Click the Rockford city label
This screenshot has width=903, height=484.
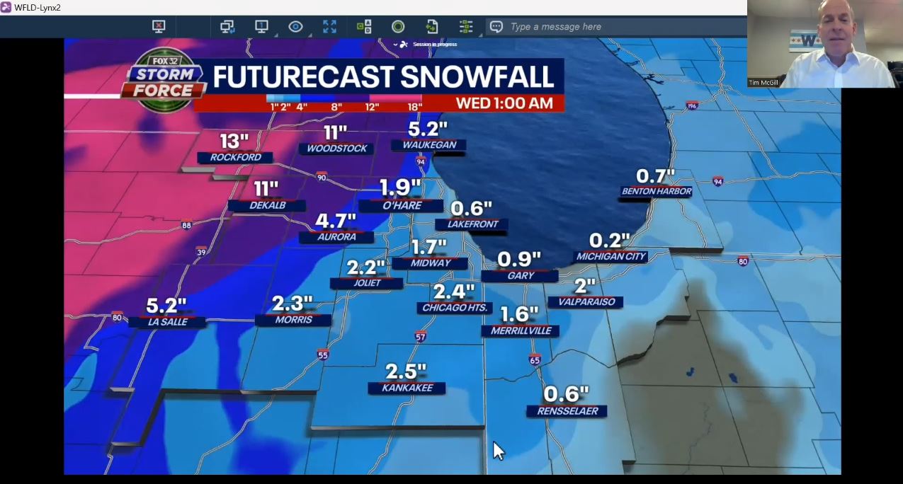(235, 157)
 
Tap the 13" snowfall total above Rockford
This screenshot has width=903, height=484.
(234, 141)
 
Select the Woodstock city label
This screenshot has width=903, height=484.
(336, 149)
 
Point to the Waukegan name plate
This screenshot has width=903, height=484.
(429, 145)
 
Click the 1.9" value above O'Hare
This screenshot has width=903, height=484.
(400, 188)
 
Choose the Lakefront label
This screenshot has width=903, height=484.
(472, 224)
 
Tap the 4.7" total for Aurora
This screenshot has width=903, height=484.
(335, 221)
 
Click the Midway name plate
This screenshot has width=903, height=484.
(430, 263)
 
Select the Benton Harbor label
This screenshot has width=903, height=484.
(656, 191)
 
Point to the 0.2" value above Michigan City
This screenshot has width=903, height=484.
(610, 241)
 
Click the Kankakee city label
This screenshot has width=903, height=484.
(407, 388)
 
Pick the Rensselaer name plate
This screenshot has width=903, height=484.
(567, 411)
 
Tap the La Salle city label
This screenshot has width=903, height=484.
(167, 322)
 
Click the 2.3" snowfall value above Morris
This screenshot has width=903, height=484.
(293, 304)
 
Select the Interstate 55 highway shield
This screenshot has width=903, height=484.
(323, 355)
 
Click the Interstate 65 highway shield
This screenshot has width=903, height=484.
(535, 360)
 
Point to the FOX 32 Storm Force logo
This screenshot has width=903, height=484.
(164, 79)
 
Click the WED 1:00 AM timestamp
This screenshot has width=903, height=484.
(504, 103)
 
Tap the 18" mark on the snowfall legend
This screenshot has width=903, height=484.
(414, 107)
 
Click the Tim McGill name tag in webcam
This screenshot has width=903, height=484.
(764, 83)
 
